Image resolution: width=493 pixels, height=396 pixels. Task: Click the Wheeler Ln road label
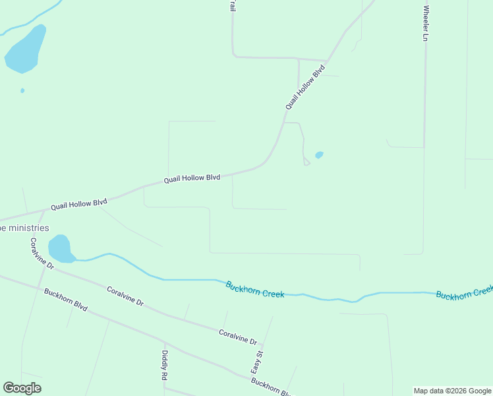[426, 24]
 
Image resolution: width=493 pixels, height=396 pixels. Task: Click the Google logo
[22, 388]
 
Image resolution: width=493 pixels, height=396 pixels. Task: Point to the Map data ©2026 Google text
[452, 391]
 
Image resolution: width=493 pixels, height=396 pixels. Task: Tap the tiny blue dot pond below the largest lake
[22, 90]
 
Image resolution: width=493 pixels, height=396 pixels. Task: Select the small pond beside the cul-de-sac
[319, 155]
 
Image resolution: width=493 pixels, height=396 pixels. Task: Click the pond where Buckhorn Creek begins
[60, 248]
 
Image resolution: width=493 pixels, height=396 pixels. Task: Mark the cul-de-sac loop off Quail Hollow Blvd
[306, 162]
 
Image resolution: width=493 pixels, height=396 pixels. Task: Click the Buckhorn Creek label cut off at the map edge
[464, 292]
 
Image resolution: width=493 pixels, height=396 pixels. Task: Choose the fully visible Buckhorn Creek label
[254, 289]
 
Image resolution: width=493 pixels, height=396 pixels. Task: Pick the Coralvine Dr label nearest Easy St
[237, 337]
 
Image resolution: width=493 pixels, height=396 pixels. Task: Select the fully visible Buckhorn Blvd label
[66, 300]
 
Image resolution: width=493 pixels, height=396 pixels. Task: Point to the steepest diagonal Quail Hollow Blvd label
[305, 86]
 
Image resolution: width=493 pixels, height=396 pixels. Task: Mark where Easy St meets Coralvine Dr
[262, 345]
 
